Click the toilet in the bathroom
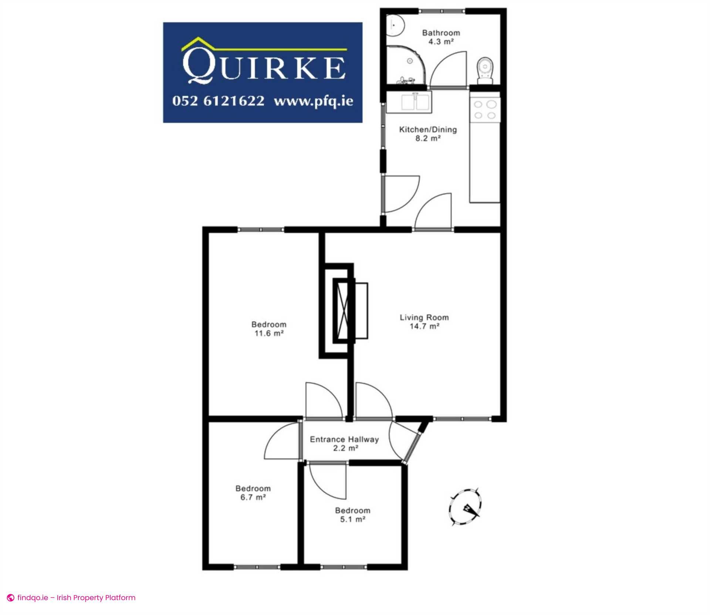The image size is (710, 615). pos(485,70)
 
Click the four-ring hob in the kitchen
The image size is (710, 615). pos(485,110)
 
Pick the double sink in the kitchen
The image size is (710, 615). pos(409,102)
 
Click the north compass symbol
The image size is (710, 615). pos(466,507)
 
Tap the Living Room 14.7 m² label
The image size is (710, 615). pos(424,322)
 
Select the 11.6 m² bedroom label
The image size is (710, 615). pos(269,329)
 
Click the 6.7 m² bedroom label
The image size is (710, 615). pos(253,493)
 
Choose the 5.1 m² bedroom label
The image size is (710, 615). pos(353,514)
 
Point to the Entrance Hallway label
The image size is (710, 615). pos(344,444)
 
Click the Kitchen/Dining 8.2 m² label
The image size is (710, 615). pos(428,134)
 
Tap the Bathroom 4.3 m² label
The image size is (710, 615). pos(441,37)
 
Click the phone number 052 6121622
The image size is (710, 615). pos(218,101)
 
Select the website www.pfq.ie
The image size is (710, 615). pos(313,101)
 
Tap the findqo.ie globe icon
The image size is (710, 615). pos(11,598)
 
